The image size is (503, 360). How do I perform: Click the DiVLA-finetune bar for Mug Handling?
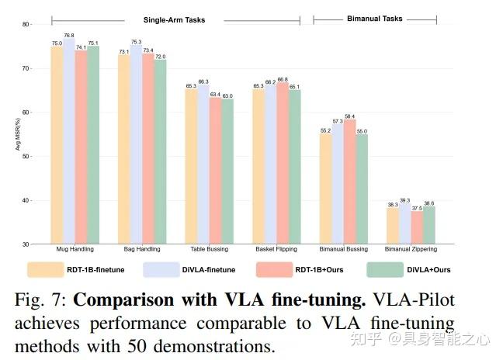(x=69, y=141)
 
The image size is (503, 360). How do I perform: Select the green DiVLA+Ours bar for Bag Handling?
(x=161, y=151)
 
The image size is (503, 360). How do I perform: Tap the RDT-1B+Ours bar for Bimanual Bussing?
(x=349, y=182)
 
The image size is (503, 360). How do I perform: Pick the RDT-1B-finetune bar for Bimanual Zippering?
(x=393, y=226)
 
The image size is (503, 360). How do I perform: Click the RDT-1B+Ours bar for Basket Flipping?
(x=283, y=163)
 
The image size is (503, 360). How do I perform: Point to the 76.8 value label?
(x=69, y=35)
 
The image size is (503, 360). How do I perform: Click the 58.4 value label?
(x=349, y=116)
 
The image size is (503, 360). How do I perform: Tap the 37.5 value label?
(x=417, y=208)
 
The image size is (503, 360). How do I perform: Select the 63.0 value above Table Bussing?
(x=227, y=96)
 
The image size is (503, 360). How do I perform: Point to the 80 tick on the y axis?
(x=26, y=24)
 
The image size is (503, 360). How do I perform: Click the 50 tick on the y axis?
(x=26, y=157)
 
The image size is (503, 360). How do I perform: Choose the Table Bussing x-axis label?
(x=210, y=249)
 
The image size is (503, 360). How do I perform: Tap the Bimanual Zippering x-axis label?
(x=411, y=249)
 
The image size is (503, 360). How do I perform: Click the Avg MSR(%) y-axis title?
(x=18, y=134)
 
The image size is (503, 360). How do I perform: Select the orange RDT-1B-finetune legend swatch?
(x=46, y=269)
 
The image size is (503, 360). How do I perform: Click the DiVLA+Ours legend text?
(x=428, y=270)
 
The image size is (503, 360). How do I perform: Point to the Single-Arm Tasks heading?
(x=174, y=20)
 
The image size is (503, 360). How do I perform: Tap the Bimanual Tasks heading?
(x=375, y=19)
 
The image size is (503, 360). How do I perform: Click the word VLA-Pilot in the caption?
(x=414, y=299)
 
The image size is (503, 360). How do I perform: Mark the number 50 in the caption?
(x=137, y=347)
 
